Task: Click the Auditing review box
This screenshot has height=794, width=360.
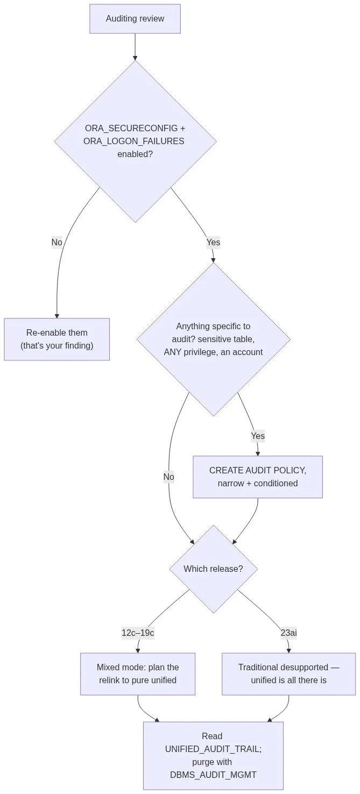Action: (135, 19)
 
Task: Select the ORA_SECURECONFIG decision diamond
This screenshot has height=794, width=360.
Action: (135, 141)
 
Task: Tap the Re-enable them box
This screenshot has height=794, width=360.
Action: (57, 339)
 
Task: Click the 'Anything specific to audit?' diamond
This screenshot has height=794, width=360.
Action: (214, 339)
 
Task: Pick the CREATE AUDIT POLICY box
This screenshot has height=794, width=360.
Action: (258, 477)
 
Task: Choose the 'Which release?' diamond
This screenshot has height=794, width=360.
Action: (214, 569)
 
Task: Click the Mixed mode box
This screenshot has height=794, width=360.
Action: (138, 674)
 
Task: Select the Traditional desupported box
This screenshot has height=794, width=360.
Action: (289, 674)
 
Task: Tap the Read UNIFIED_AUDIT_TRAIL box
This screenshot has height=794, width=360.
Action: (214, 756)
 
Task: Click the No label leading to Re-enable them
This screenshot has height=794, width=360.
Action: (57, 243)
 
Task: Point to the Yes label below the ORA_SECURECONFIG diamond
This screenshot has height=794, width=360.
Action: (213, 243)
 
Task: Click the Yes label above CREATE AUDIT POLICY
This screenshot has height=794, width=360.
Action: (258, 436)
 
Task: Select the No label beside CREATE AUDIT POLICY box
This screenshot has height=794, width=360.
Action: (169, 477)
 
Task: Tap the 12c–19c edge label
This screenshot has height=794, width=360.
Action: (138, 633)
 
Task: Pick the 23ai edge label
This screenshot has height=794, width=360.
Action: (289, 633)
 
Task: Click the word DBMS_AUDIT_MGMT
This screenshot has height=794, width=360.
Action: (213, 775)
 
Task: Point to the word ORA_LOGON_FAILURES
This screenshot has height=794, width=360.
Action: (133, 141)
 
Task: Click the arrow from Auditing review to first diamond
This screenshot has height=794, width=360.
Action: (135, 47)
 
